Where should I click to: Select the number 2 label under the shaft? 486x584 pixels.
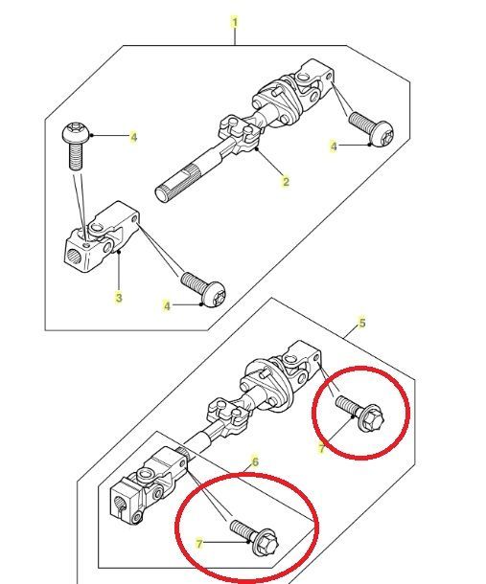click(x=285, y=181)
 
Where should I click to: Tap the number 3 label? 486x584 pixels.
click(x=118, y=298)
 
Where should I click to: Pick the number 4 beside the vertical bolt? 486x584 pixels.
click(x=133, y=137)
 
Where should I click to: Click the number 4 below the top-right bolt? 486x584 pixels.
click(x=334, y=146)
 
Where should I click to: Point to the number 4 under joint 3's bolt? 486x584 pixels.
click(x=166, y=305)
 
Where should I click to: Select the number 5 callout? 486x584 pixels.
click(x=361, y=323)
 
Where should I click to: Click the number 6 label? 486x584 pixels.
click(x=255, y=461)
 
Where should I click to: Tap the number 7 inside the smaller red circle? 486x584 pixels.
click(x=322, y=447)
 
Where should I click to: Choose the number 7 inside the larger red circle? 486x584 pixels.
click(x=199, y=543)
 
